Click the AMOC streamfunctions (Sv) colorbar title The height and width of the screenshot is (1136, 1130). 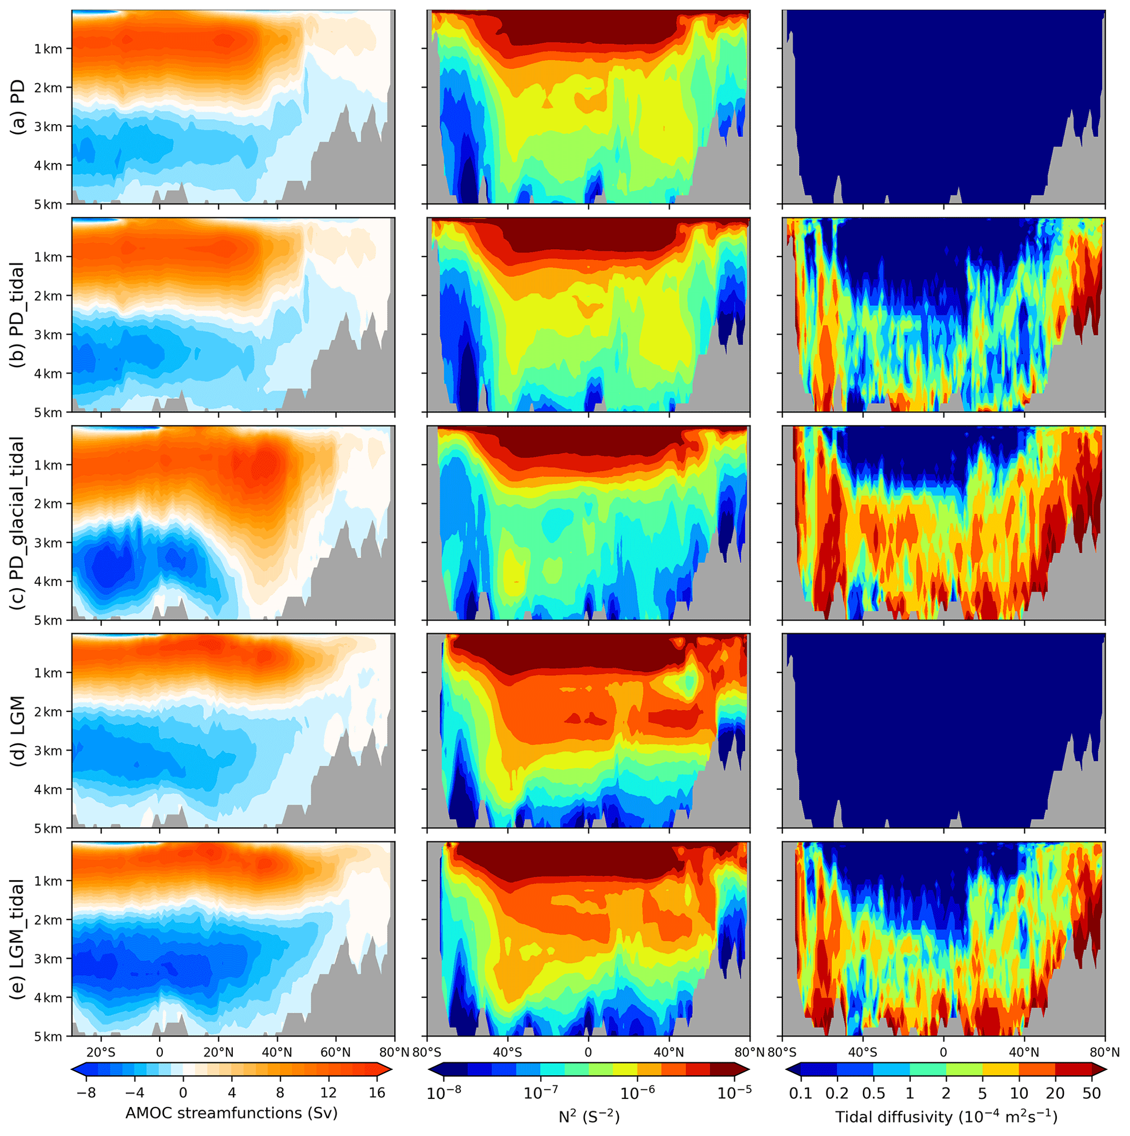point(232,1113)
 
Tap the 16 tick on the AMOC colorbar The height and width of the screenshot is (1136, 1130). point(377,1092)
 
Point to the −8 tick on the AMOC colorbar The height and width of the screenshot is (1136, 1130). point(86,1092)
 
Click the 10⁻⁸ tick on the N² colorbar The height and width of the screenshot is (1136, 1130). point(443,1092)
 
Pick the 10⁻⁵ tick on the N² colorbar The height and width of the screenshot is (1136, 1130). point(734,1092)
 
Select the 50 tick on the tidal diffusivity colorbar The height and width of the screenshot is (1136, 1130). point(1092,1092)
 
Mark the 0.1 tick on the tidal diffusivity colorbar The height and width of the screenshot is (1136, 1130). point(800,1092)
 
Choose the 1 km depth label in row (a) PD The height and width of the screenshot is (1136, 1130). point(48,49)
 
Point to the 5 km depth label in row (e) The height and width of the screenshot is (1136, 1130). point(48,1037)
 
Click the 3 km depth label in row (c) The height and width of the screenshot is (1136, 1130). point(48,543)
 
